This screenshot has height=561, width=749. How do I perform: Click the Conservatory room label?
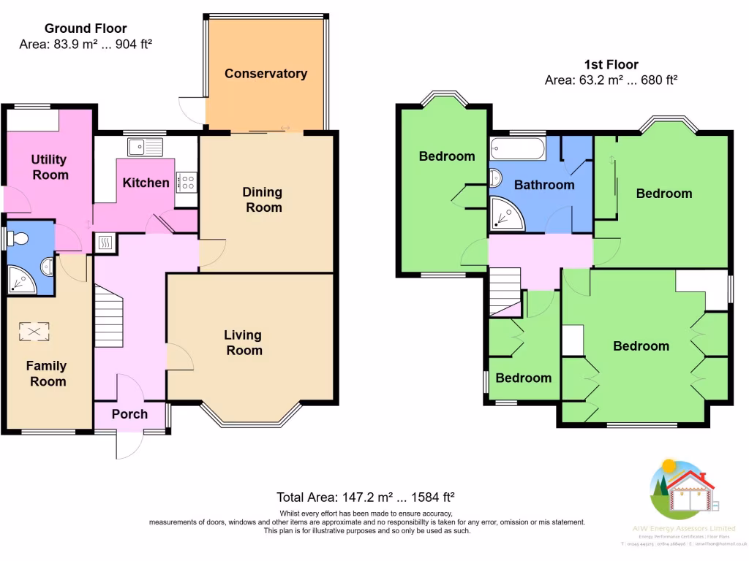pyautogui.click(x=266, y=74)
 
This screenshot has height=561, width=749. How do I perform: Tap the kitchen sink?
pyautogui.click(x=145, y=147)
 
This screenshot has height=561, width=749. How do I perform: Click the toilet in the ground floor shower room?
pyautogui.click(x=18, y=237)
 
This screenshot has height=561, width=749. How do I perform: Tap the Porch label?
pyautogui.click(x=129, y=414)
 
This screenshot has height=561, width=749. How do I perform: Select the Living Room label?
pyautogui.click(x=243, y=343)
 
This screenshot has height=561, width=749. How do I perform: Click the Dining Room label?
pyautogui.click(x=263, y=199)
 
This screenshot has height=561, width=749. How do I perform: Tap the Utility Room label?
pyautogui.click(x=49, y=167)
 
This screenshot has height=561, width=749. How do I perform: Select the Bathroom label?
pyautogui.click(x=543, y=185)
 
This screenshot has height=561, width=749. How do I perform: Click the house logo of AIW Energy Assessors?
pyautogui.click(x=682, y=489)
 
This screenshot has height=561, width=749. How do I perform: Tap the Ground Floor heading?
pyautogui.click(x=86, y=28)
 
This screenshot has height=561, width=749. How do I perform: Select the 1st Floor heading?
pyautogui.click(x=611, y=64)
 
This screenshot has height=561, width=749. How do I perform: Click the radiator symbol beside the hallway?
pyautogui.click(x=105, y=243)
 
